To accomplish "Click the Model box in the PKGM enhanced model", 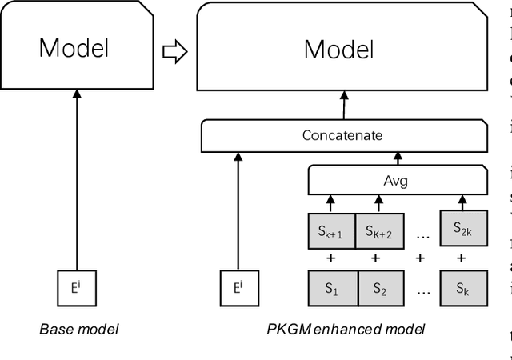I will point(338,47).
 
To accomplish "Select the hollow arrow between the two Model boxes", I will point(174,53).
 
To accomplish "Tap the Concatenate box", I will point(342,135).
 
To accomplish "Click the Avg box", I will point(396,180).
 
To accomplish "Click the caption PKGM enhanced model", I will point(346,329).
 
